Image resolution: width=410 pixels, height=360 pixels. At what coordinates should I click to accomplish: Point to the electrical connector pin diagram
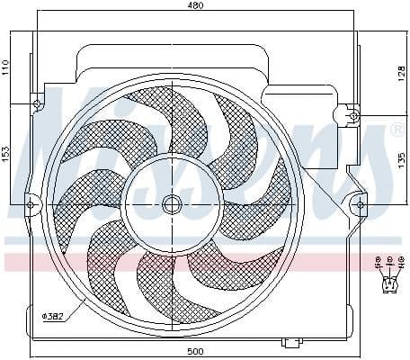[388, 273]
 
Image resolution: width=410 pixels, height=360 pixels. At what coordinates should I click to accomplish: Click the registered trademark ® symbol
[395, 130]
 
